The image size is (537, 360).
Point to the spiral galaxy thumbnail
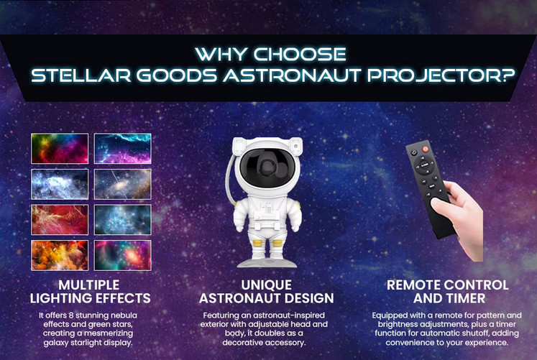click(x=123, y=184)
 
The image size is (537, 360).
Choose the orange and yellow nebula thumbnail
click(x=60, y=255)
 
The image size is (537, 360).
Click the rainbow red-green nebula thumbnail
click(x=60, y=149)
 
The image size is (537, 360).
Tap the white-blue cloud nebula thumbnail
click(x=60, y=184)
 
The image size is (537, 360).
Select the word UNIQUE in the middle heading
click(x=267, y=284)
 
